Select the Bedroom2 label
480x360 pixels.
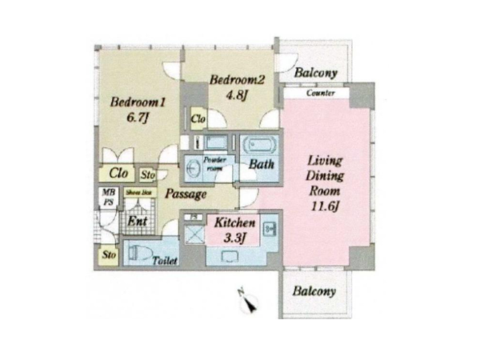point(237,80)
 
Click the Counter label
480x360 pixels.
point(320,94)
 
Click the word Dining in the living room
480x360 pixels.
point(325,178)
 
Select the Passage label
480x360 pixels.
point(186,194)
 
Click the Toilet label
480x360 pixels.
point(165,260)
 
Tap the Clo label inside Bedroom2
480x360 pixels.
point(198,120)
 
